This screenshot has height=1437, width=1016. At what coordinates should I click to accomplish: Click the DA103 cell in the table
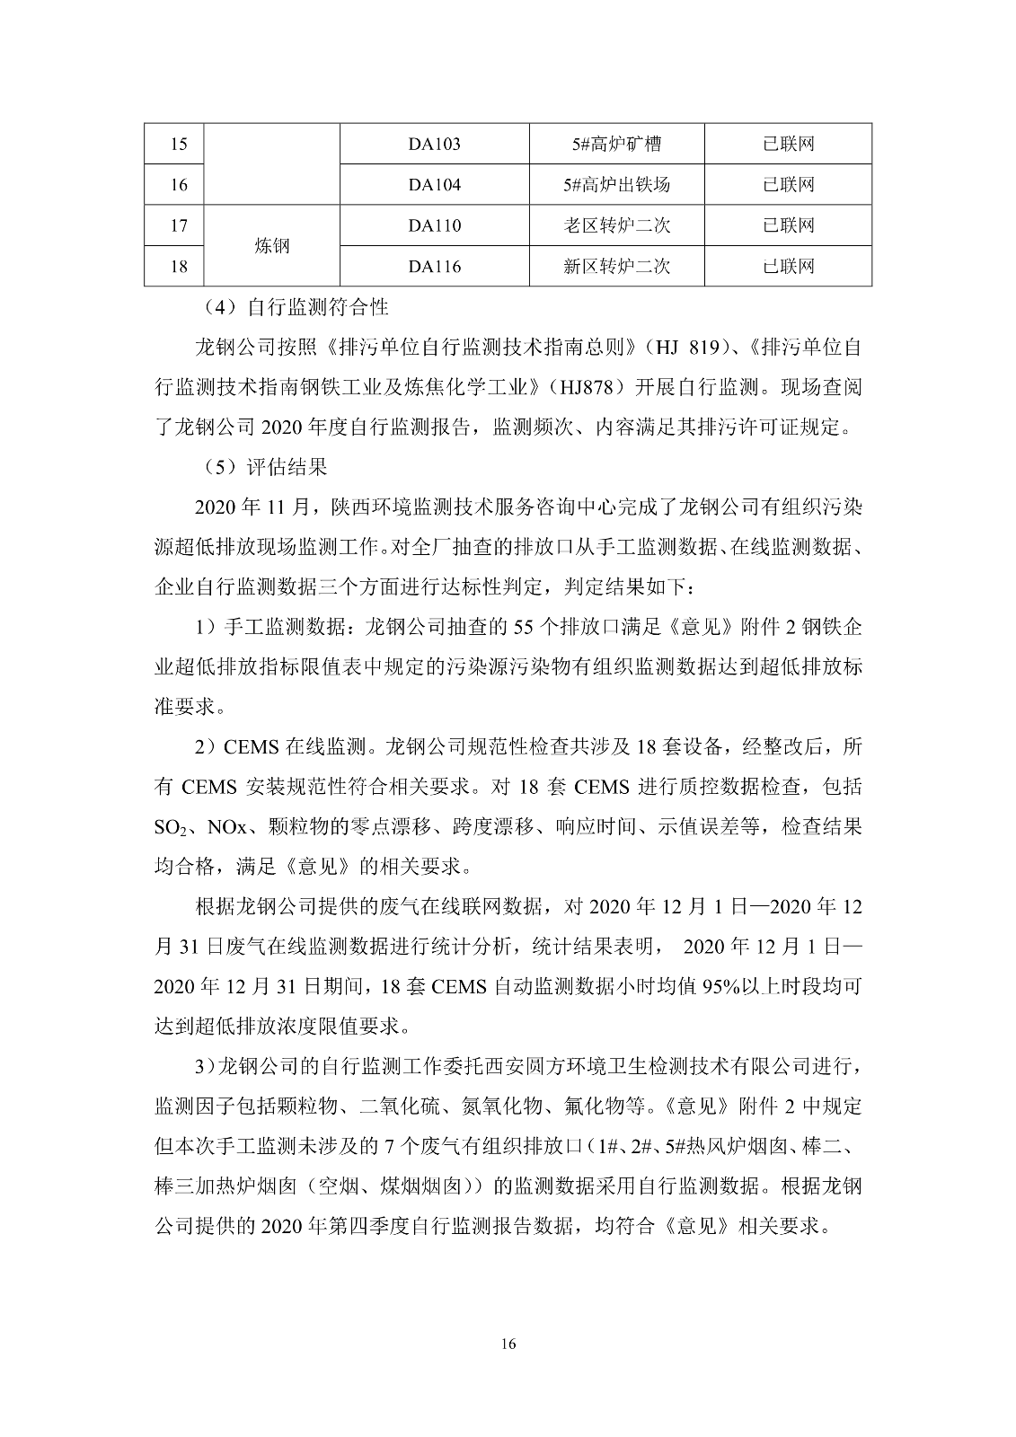click(435, 144)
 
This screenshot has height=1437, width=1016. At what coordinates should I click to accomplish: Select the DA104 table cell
click(435, 185)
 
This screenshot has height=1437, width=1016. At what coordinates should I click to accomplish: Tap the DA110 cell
click(435, 225)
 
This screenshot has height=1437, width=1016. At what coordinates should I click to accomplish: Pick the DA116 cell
click(435, 267)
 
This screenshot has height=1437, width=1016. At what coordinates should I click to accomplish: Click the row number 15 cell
click(179, 144)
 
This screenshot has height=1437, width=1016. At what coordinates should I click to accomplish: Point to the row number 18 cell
click(179, 267)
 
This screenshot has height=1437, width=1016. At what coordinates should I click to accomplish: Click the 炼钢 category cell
click(272, 246)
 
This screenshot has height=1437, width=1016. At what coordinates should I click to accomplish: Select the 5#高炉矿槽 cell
click(616, 144)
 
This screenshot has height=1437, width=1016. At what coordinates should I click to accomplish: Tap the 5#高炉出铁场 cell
click(616, 185)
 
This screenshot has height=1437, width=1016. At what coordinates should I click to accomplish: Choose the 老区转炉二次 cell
click(616, 225)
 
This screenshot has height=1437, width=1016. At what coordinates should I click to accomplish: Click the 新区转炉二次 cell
click(616, 267)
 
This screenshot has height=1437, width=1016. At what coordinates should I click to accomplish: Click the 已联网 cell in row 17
click(788, 225)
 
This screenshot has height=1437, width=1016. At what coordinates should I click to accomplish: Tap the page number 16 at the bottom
click(508, 1344)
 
